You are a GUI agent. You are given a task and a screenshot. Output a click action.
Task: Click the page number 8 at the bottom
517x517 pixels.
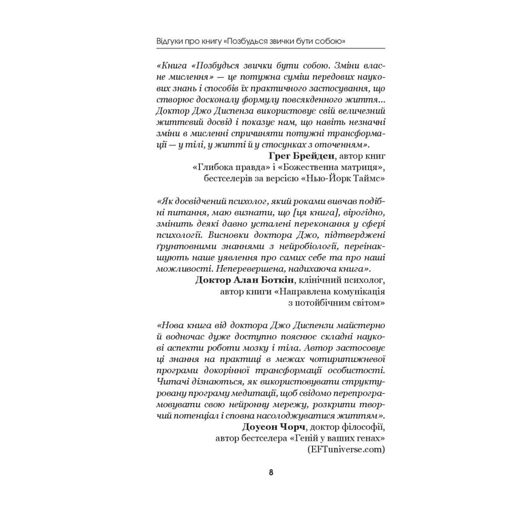click(x=271, y=473)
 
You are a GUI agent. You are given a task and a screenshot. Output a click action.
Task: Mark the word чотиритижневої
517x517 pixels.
click(x=348, y=357)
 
